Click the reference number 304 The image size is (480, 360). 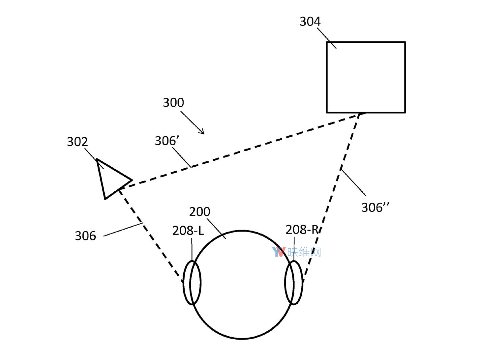[x=310, y=22]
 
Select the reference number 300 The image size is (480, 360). [x=173, y=103]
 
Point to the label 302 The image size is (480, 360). [x=77, y=142]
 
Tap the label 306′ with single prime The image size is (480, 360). [x=167, y=141]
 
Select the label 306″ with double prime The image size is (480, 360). [x=375, y=207]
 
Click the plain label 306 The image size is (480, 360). [x=85, y=236]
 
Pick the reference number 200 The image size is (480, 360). [x=199, y=212]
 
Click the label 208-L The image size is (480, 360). [x=188, y=231]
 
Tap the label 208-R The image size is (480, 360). [x=302, y=230]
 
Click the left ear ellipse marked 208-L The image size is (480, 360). [x=183, y=283]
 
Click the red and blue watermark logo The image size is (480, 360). [x=279, y=252]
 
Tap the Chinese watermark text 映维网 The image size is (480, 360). [x=304, y=252]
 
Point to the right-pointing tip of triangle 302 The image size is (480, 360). [x=132, y=180]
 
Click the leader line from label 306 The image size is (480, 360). [x=123, y=230]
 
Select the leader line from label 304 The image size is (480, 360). [x=327, y=38]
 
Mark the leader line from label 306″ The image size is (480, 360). [x=353, y=182]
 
